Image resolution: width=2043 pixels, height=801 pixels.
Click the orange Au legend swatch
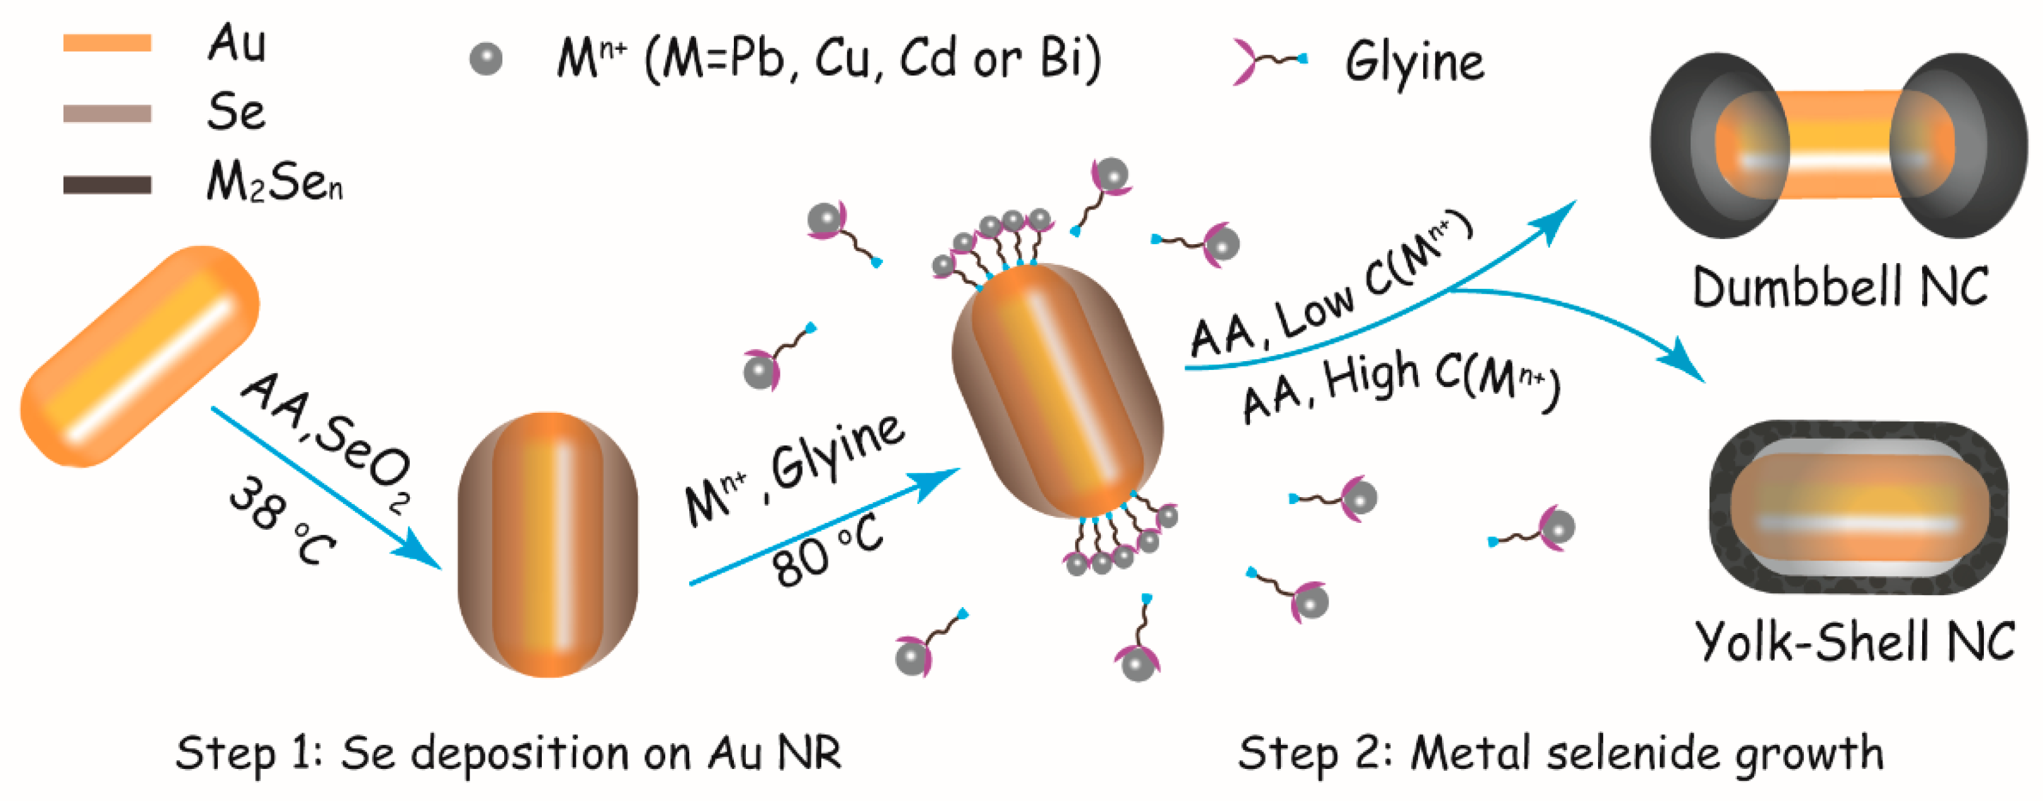coord(107,43)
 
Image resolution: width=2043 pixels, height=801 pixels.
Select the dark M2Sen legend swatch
coord(107,185)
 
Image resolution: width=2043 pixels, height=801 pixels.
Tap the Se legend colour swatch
coord(107,113)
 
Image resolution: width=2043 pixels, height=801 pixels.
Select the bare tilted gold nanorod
coord(140,356)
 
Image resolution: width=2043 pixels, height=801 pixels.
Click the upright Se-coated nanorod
coord(547,544)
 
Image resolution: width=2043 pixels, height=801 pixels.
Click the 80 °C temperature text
coord(828,551)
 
